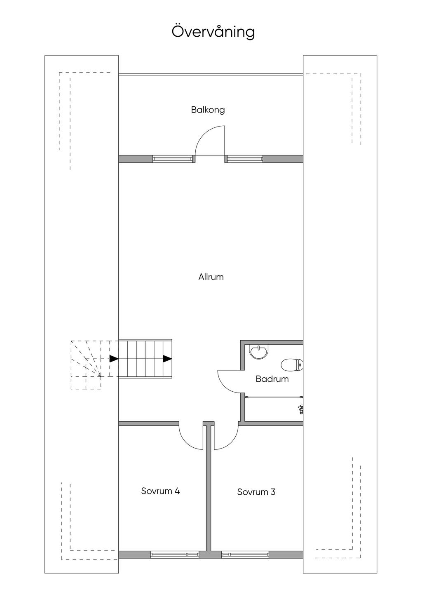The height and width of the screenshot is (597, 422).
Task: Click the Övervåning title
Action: [x=213, y=32]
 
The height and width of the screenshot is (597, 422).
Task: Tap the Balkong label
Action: [x=208, y=110]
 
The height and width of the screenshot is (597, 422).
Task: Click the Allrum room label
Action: [x=211, y=277]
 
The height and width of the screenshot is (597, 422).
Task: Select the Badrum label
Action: [x=272, y=379]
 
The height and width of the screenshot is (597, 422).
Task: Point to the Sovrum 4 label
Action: [x=160, y=491]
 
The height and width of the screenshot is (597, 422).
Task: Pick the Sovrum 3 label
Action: [x=256, y=491]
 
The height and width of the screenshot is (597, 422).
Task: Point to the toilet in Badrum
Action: [x=292, y=365]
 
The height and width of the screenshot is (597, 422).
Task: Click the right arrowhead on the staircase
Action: [x=167, y=359]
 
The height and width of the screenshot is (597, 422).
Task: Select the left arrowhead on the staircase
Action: [x=114, y=359]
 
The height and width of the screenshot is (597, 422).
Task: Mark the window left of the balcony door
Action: [x=172, y=159]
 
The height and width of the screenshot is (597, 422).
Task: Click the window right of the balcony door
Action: [x=245, y=159]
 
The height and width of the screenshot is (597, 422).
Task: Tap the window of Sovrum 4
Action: [x=175, y=555]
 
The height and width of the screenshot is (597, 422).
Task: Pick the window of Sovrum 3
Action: [x=245, y=555]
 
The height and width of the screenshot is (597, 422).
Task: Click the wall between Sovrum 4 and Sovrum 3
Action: [x=209, y=488]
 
